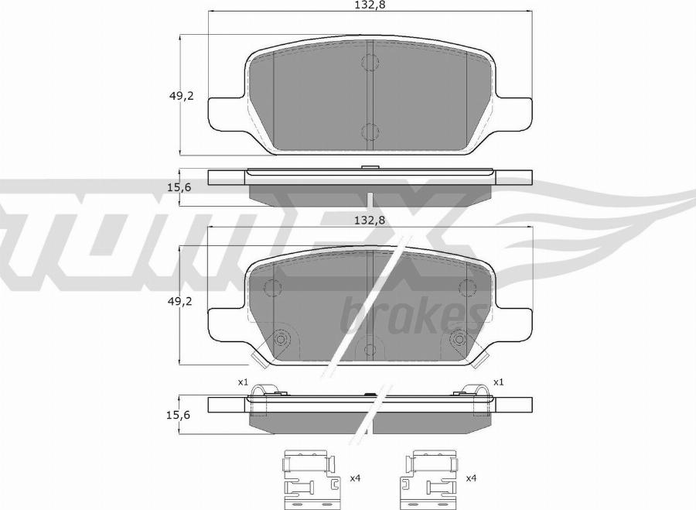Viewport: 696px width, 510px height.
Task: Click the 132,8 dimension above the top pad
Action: pyautogui.click(x=370, y=5)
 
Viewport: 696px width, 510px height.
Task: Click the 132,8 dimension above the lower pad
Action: pyautogui.click(x=370, y=220)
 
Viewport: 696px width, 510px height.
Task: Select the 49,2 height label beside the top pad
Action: pyautogui.click(x=181, y=95)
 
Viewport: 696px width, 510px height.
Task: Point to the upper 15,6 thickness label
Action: pyautogui.click(x=179, y=187)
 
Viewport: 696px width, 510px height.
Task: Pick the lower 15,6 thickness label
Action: pyautogui.click(x=179, y=415)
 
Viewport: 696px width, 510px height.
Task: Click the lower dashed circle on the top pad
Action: pyautogui.click(x=370, y=132)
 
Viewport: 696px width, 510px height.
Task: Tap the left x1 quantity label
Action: pyautogui.click(x=243, y=382)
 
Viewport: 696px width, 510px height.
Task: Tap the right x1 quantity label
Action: pyautogui.click(x=499, y=382)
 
